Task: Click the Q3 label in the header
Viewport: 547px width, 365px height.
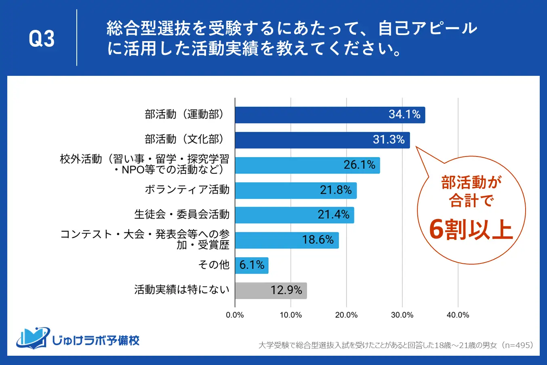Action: pos(42,39)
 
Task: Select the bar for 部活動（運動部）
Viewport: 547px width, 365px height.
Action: pos(330,115)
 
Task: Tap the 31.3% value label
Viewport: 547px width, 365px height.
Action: pos(389,140)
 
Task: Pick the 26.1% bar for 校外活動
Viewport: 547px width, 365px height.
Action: pos(307,165)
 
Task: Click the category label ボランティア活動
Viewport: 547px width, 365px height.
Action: pos(187,190)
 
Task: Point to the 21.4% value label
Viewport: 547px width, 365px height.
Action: pos(333,215)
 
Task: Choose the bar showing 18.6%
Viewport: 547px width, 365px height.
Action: pos(286,240)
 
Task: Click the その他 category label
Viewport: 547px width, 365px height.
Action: pos(214,265)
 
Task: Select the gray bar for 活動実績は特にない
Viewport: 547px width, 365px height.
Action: pos(271,290)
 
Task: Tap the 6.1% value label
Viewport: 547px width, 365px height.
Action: pos(252,265)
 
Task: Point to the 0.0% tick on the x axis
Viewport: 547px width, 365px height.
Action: pos(235,315)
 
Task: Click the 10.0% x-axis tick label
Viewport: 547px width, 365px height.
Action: pos(291,315)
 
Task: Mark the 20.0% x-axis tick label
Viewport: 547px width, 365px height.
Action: pos(346,315)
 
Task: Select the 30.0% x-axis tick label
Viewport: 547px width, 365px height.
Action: pos(402,315)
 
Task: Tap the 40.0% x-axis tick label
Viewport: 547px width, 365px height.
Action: pos(458,315)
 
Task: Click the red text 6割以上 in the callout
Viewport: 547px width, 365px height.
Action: pos(471,229)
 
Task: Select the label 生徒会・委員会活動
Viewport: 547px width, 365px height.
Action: pos(182,215)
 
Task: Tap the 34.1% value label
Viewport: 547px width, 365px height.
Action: pos(404,115)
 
